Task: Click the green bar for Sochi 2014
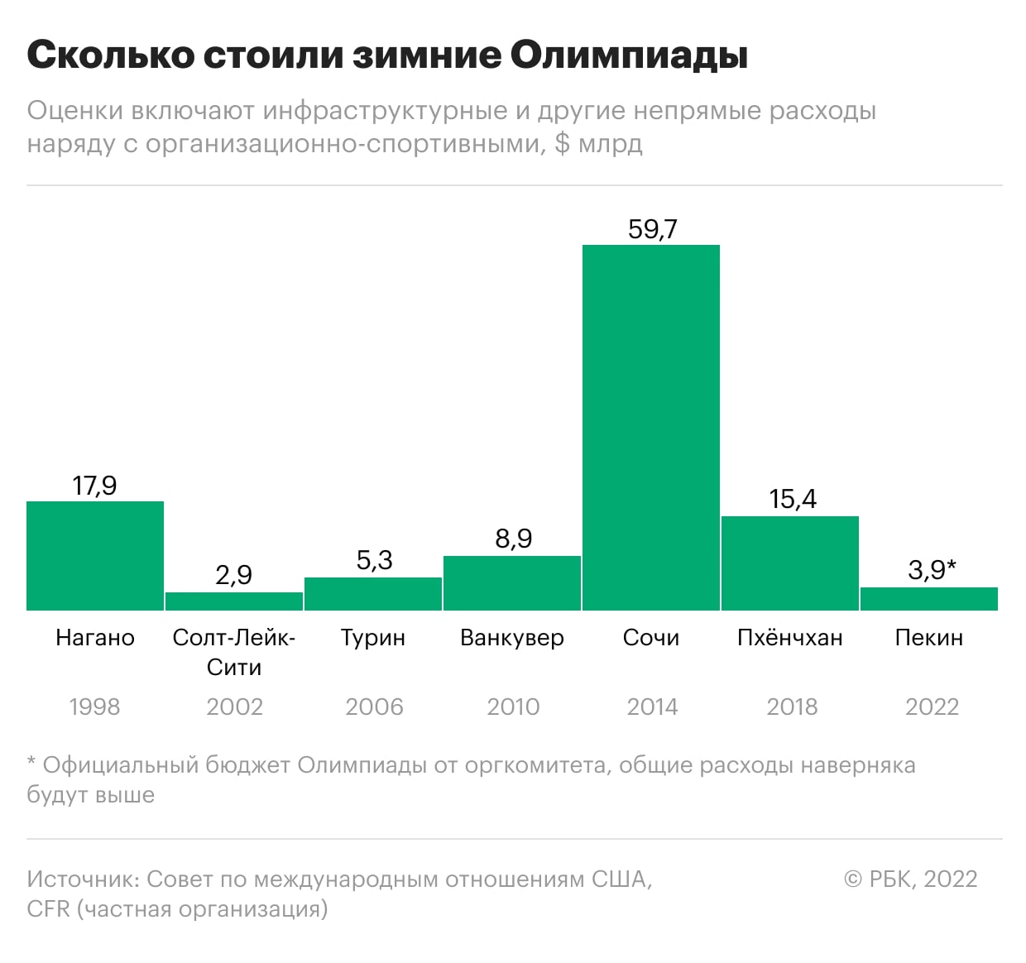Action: click(x=651, y=427)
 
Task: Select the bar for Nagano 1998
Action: click(x=95, y=556)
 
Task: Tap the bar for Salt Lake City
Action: click(x=234, y=601)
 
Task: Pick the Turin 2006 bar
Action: click(x=373, y=594)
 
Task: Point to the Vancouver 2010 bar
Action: click(x=512, y=583)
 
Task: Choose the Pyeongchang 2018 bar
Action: click(x=790, y=563)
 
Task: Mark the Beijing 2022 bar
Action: click(x=929, y=599)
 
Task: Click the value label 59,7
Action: click(x=652, y=229)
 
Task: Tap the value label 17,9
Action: click(x=95, y=486)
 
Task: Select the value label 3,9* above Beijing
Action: click(x=932, y=569)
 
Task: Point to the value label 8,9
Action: click(x=513, y=539)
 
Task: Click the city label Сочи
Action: click(x=651, y=638)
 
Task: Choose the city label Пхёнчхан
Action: click(x=790, y=638)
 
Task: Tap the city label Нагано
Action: click(x=95, y=638)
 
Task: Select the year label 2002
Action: click(x=234, y=707)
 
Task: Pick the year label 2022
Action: click(x=932, y=707)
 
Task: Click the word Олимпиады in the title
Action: click(x=629, y=56)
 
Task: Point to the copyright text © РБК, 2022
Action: click(x=910, y=879)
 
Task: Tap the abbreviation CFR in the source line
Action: click(x=48, y=909)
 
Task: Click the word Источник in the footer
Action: click(x=80, y=879)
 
